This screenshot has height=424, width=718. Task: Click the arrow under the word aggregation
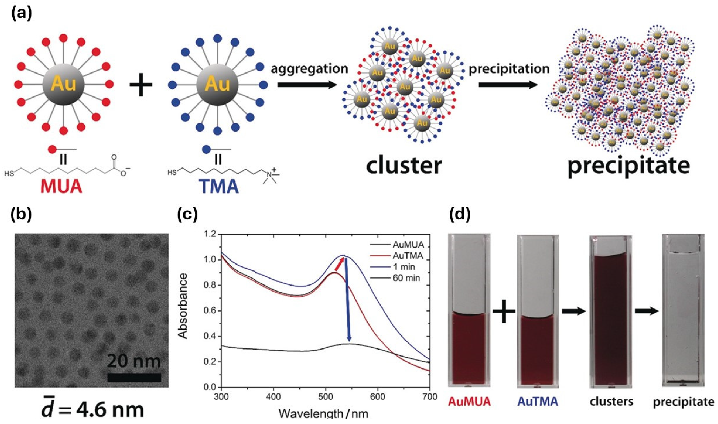pos(307,85)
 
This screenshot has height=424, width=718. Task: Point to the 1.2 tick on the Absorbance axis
pos(211,234)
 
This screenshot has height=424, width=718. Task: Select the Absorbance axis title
pos(183,306)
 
